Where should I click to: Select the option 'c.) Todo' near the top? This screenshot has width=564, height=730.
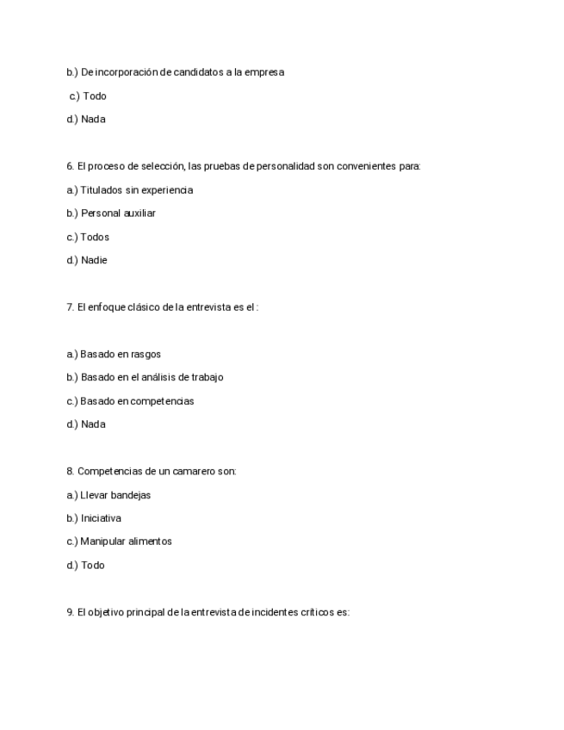pyautogui.click(x=88, y=96)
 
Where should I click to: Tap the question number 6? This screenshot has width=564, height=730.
pyautogui.click(x=70, y=166)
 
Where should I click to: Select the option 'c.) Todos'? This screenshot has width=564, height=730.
pyautogui.click(x=88, y=237)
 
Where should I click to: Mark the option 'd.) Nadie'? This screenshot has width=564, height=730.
pyautogui.click(x=87, y=260)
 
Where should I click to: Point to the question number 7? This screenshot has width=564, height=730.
pyautogui.click(x=70, y=306)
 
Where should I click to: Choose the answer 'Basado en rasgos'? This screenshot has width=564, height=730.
pyautogui.click(x=121, y=354)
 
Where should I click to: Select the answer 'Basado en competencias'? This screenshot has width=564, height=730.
pyautogui.click(x=137, y=401)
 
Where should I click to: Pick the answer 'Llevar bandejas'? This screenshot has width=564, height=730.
pyautogui.click(x=115, y=495)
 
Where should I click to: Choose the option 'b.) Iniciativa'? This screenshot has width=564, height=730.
pyautogui.click(x=94, y=518)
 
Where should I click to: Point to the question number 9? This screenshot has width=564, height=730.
pyautogui.click(x=70, y=612)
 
